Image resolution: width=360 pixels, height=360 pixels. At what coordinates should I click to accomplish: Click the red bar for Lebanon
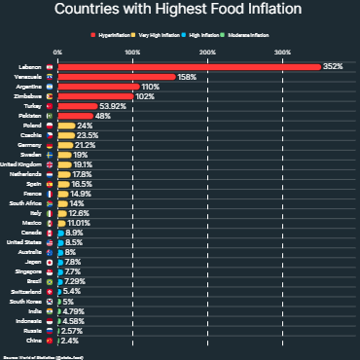[x=190, y=66]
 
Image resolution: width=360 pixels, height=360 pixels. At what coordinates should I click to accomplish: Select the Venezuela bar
[x=117, y=76]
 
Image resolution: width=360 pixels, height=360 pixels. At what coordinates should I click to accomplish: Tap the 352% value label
[x=334, y=66]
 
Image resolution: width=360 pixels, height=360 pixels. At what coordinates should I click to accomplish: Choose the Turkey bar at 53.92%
[x=78, y=106]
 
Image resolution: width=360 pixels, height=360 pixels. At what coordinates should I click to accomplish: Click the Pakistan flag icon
[x=50, y=117]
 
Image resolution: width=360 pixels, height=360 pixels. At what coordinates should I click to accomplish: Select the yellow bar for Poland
[x=66, y=126]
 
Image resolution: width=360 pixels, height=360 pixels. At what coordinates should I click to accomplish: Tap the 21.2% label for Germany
[x=85, y=146]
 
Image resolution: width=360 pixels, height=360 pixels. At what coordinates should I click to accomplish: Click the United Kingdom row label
[x=21, y=165]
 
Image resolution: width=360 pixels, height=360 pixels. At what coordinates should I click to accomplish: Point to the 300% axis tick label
[x=282, y=52]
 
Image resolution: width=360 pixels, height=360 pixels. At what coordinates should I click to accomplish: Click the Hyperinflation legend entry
[x=113, y=34]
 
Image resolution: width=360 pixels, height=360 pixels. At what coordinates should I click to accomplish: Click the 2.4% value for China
[x=69, y=342]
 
